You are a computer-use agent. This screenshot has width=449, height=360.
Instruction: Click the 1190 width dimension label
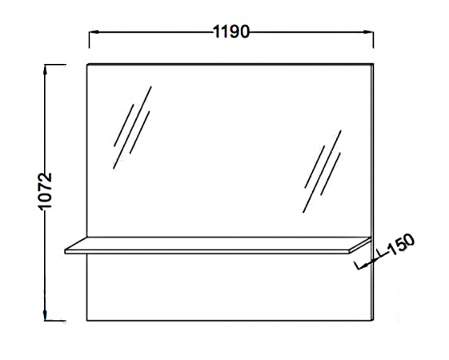(x=231, y=31)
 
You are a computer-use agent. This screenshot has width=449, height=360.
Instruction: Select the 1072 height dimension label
(x=45, y=191)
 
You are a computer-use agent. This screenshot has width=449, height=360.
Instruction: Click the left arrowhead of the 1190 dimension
(x=94, y=31)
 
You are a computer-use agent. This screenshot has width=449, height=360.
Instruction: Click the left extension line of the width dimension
(x=89, y=40)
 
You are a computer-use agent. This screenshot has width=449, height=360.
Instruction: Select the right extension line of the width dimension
(x=373, y=40)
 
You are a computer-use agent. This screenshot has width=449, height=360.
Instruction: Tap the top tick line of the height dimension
(x=54, y=65)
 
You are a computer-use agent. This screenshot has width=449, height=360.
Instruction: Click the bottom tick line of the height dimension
(x=54, y=321)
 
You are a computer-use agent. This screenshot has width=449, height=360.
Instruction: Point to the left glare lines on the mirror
(x=132, y=127)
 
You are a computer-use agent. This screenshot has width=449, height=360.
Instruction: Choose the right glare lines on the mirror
(x=323, y=172)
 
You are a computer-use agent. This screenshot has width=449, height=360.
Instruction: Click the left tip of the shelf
(x=66, y=251)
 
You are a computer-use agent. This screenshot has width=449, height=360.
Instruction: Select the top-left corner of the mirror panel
(x=87, y=64)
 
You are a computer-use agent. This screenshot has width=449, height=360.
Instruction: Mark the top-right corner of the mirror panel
(x=373, y=64)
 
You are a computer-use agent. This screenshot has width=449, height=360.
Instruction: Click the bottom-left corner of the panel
(x=87, y=321)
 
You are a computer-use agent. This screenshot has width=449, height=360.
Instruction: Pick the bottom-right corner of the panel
(x=373, y=321)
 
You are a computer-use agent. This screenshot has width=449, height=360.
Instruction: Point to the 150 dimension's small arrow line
(x=370, y=261)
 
